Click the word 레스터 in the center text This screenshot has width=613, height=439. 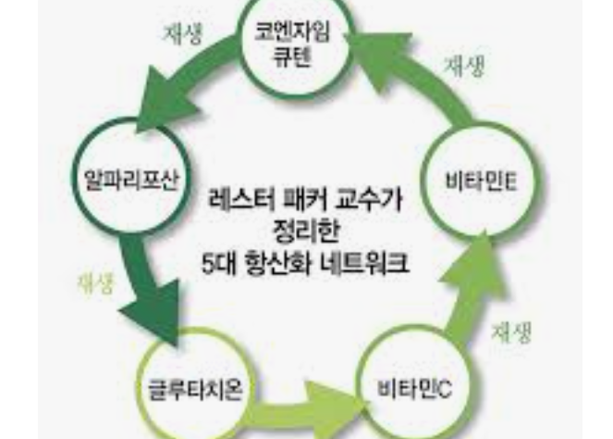[x=240, y=198]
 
